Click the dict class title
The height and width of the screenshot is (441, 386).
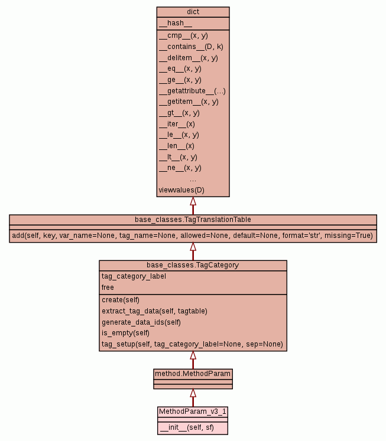193,11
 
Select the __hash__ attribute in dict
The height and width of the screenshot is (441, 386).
176,23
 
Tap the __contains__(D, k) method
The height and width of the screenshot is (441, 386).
191,47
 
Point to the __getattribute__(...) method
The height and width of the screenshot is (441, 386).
192,91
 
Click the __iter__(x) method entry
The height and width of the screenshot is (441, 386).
177,124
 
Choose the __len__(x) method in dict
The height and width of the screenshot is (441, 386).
177,146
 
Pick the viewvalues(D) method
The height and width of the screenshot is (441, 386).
181,190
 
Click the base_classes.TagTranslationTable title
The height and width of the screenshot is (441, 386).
193,220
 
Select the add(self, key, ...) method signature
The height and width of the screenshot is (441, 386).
193,236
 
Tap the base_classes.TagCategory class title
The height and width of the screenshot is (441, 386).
193,265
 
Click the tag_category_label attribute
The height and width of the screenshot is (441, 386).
134,276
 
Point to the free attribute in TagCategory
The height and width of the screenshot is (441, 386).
108,288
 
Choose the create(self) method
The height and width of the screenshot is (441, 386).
121,300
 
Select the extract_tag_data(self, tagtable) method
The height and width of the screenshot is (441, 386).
154,311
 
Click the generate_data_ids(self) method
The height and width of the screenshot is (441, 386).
141,322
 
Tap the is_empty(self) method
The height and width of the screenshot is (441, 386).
126,333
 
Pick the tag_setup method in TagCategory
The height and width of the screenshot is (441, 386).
192,344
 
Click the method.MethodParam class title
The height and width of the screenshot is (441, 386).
193,374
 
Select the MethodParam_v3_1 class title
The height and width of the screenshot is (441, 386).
193,411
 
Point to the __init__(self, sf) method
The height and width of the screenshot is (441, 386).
187,428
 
